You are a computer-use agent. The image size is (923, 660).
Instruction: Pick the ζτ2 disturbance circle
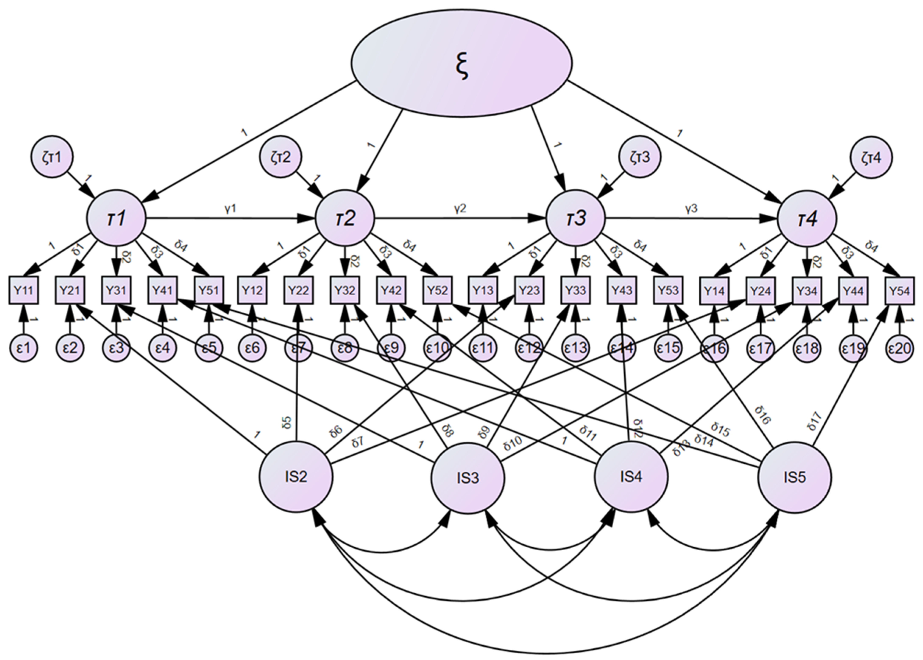pos(281,157)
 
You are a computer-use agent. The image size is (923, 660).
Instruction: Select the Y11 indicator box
pos(24,290)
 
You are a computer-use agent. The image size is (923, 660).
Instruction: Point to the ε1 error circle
pos(24,348)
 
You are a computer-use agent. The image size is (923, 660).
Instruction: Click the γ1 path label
pos(230,209)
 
